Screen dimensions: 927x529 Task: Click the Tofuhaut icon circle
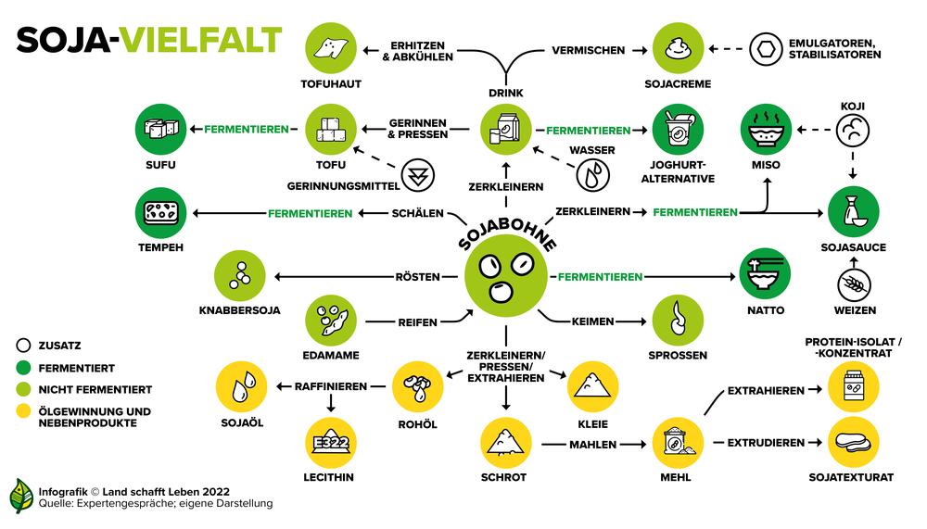[x=331, y=48]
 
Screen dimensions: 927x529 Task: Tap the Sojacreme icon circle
[x=679, y=48]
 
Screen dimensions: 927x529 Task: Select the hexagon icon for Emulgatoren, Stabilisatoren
[x=766, y=49]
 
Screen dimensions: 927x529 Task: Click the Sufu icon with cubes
[x=160, y=130]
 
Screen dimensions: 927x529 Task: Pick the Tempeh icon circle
[x=160, y=213]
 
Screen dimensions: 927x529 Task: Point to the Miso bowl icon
[x=766, y=130]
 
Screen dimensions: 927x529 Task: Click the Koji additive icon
[x=853, y=130]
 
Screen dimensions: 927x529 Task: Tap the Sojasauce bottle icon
[x=853, y=211]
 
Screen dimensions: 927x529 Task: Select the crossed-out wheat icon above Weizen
[x=855, y=285]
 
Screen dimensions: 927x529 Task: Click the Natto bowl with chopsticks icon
[x=765, y=273]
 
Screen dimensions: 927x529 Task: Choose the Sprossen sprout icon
[x=679, y=321]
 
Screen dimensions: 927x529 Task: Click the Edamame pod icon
[x=331, y=321]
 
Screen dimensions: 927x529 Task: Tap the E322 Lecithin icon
[x=331, y=443]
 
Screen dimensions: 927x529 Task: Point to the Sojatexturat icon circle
[x=853, y=442]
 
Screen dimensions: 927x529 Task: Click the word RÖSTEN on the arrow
[x=417, y=277]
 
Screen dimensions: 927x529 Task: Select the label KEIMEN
[x=592, y=321]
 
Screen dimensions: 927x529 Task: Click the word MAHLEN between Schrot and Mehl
[x=592, y=445]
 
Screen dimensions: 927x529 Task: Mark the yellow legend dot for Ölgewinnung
[x=23, y=410]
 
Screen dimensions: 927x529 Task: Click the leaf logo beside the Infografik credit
[x=22, y=496]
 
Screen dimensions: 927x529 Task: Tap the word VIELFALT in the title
[x=200, y=40]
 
